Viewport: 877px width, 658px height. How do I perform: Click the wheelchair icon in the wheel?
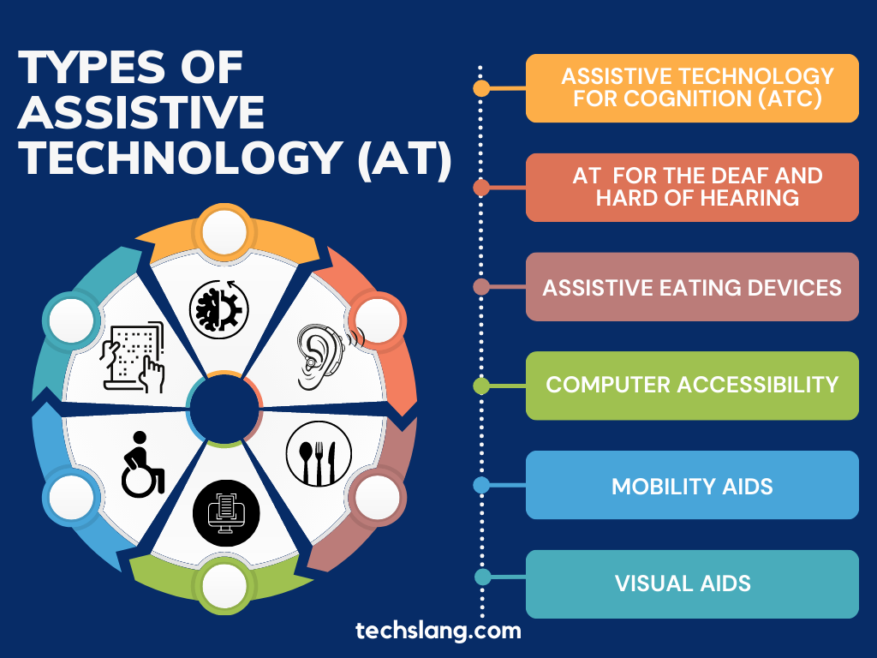point(143,464)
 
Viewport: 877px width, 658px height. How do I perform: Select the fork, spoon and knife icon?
point(319,454)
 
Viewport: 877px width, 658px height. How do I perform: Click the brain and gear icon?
point(218,309)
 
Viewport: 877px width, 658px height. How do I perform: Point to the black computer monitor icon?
point(226,513)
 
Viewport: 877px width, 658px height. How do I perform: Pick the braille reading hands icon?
point(133,356)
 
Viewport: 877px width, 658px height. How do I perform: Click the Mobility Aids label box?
point(692,485)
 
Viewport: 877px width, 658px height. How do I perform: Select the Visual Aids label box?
point(692,583)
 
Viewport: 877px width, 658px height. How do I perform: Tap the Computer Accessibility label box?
point(692,386)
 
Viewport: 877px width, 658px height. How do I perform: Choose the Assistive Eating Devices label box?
point(692,286)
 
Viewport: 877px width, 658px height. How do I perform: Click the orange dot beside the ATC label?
point(481,88)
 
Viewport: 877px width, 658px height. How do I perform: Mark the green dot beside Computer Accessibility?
point(481,386)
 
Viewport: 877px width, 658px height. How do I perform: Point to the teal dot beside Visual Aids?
point(482,577)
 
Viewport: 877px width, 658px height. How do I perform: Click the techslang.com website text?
point(438,631)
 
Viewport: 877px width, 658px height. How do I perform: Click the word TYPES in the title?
point(92,68)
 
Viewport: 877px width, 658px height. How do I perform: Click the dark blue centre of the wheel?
point(224,410)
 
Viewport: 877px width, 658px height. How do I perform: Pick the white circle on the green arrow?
point(224,586)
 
